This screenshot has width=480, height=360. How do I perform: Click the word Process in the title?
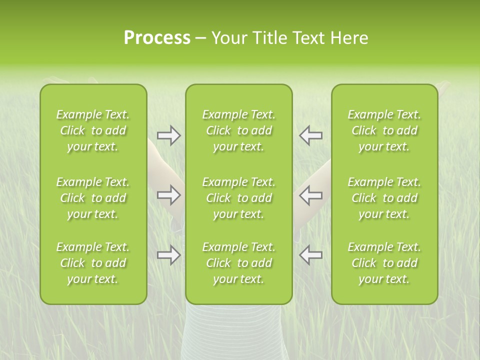click(157, 38)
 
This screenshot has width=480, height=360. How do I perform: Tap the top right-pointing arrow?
click(169, 135)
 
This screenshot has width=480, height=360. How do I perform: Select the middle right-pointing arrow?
click(169, 195)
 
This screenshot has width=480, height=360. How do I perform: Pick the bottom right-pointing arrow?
click(169, 255)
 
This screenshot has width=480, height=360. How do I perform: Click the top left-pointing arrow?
click(310, 135)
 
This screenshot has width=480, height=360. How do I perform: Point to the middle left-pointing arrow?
click(310, 195)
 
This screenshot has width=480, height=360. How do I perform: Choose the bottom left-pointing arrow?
click(310, 255)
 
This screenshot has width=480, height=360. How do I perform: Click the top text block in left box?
click(93, 130)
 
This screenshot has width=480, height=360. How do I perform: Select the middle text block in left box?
click(93, 198)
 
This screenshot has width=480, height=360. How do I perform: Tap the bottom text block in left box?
click(93, 263)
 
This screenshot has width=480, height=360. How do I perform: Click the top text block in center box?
click(239, 130)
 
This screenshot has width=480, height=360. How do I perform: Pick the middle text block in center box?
click(239, 198)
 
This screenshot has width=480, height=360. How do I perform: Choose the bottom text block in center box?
click(239, 263)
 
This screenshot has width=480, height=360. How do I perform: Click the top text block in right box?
click(384, 130)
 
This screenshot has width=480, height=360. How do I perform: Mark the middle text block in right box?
click(384, 198)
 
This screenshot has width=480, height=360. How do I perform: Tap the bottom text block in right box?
click(384, 263)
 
